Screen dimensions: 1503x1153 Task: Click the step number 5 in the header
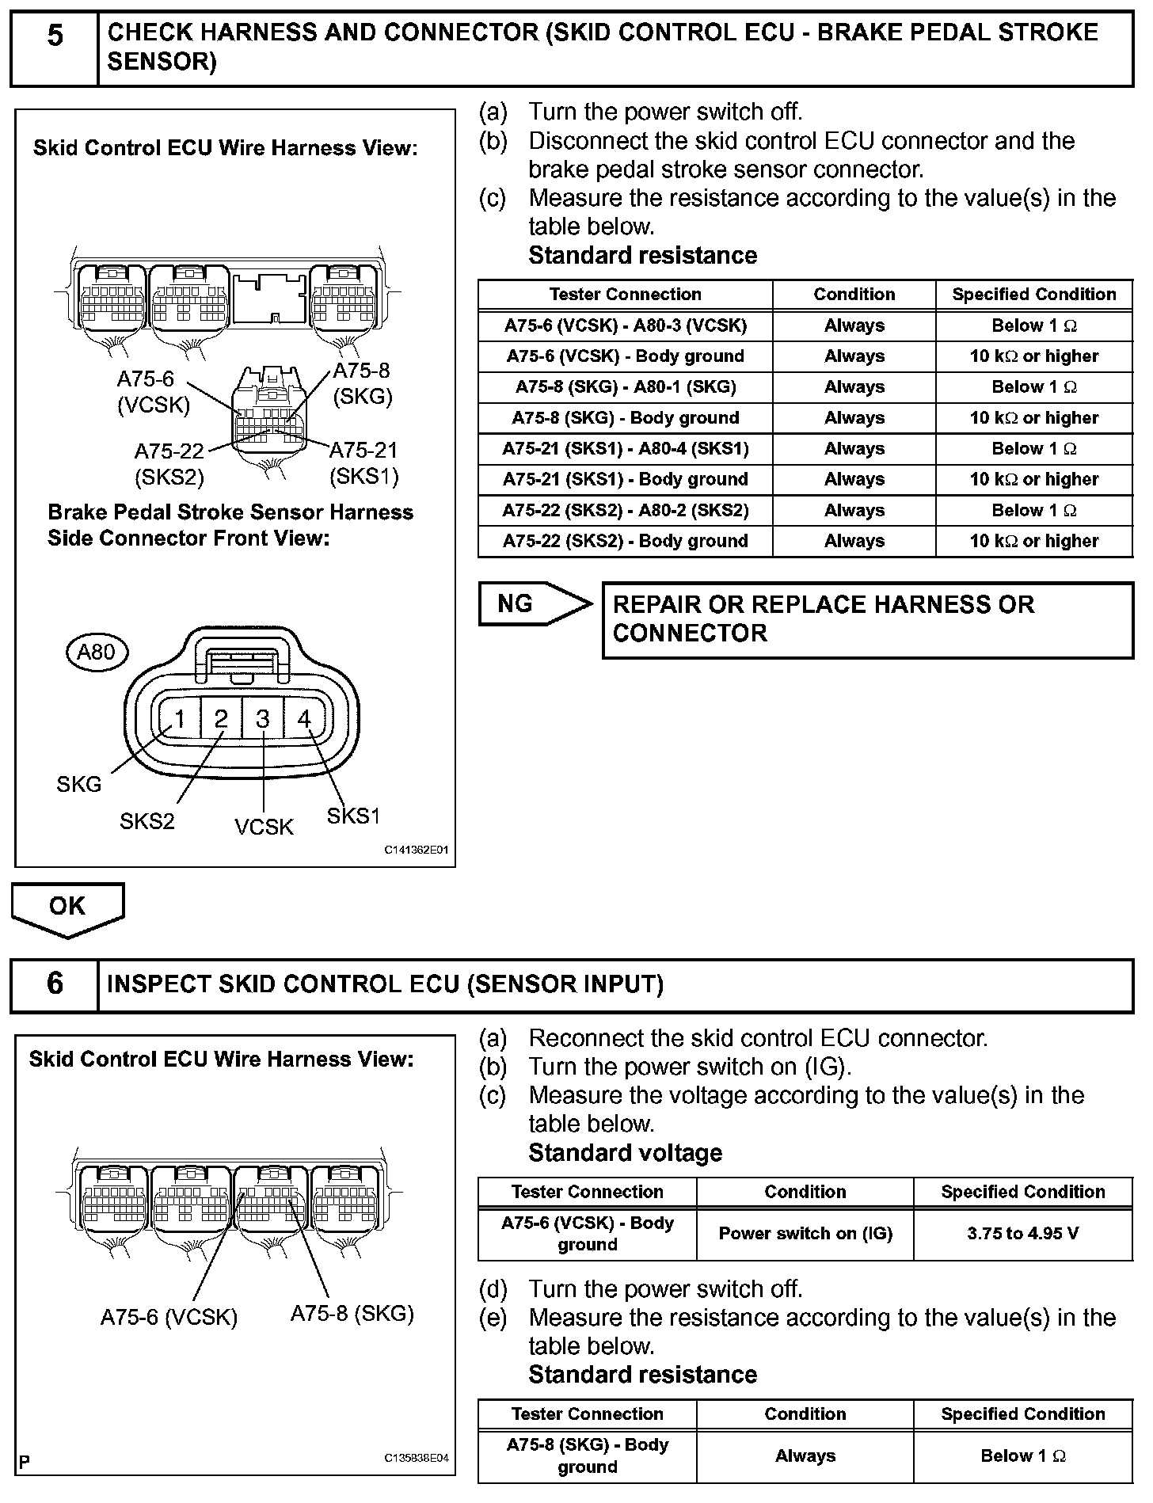point(55,36)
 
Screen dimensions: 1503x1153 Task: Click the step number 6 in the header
point(55,984)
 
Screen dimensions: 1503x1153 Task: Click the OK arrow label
point(67,906)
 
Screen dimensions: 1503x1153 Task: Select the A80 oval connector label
point(96,653)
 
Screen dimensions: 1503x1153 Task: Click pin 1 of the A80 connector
point(180,719)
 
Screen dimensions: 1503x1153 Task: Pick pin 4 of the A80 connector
point(304,719)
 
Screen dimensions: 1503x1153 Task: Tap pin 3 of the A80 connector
point(263,719)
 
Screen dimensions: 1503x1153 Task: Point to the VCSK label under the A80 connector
point(264,828)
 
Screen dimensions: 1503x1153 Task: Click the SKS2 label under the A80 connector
point(147,821)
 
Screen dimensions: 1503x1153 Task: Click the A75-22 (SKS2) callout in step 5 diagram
point(169,464)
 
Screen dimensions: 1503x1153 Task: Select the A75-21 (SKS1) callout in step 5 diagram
point(363,463)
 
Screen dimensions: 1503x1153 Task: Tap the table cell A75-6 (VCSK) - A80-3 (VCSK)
point(625,325)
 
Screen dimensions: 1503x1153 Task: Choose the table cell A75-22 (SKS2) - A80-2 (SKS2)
point(625,511)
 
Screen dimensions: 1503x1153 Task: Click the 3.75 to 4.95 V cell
point(1022,1234)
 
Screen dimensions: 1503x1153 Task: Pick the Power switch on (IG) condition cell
point(805,1234)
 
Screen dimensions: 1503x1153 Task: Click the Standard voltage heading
point(625,1153)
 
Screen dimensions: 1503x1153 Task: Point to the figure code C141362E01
point(417,850)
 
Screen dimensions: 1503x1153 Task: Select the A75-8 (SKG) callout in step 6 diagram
point(352,1314)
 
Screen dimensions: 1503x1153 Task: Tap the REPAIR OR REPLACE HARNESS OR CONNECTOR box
point(867,619)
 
